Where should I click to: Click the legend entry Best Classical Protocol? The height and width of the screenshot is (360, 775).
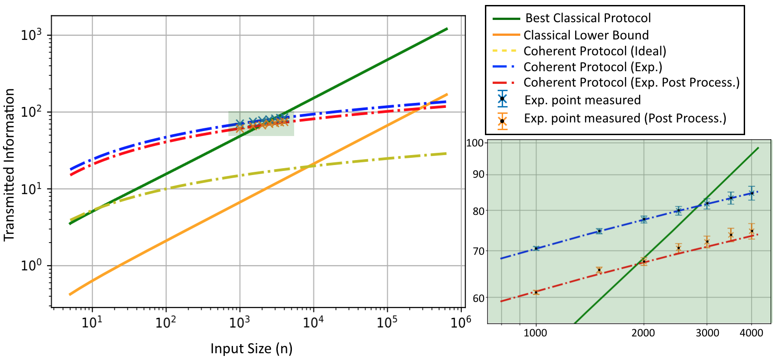click(x=588, y=18)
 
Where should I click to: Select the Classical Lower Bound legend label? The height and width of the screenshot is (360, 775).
click(x=586, y=35)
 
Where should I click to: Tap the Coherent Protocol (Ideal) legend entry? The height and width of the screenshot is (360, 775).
click(x=595, y=51)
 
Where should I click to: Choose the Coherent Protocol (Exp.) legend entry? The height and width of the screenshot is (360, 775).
click(x=593, y=67)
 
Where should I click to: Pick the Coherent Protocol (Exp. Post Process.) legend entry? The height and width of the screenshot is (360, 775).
click(x=631, y=83)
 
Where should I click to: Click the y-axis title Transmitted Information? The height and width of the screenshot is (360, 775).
click(x=9, y=165)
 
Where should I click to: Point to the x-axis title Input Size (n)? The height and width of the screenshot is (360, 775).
click(x=252, y=348)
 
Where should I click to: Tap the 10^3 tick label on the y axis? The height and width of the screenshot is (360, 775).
click(x=32, y=34)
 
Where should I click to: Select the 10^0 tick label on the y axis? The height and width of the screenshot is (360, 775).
click(x=32, y=265)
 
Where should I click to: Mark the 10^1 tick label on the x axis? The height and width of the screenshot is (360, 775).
click(x=92, y=322)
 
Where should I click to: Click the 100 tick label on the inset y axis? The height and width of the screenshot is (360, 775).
click(x=476, y=143)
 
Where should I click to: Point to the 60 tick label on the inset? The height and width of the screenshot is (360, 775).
click(x=479, y=298)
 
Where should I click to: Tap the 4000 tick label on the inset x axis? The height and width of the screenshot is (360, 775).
click(x=751, y=333)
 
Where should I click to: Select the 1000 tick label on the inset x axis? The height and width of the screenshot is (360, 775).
click(x=536, y=333)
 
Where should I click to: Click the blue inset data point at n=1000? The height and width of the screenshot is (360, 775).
click(x=536, y=248)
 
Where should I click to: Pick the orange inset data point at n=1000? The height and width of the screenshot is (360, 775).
click(x=536, y=292)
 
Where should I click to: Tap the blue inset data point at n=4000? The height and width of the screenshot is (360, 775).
click(x=751, y=193)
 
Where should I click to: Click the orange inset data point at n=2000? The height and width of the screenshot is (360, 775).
click(x=644, y=262)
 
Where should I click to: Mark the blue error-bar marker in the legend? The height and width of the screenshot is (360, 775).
click(x=502, y=99)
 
